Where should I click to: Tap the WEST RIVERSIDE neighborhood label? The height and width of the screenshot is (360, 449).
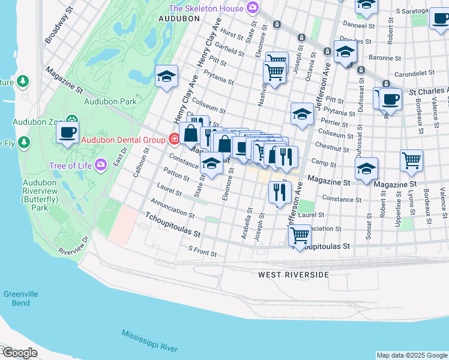(x=294, y=275)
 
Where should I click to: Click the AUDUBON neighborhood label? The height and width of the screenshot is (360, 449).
(x=179, y=19)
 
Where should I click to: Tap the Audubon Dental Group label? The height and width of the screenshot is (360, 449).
(x=123, y=140)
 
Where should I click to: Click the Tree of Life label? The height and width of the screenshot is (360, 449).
(x=70, y=165)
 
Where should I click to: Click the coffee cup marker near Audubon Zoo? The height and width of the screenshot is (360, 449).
(x=67, y=131)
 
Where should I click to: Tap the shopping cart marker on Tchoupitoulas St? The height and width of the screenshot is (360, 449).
(x=299, y=235)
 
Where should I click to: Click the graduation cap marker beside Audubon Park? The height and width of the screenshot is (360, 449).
(x=166, y=76)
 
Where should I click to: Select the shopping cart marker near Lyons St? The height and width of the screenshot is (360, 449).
(x=412, y=160)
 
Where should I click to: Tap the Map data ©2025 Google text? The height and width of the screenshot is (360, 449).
(x=411, y=355)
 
